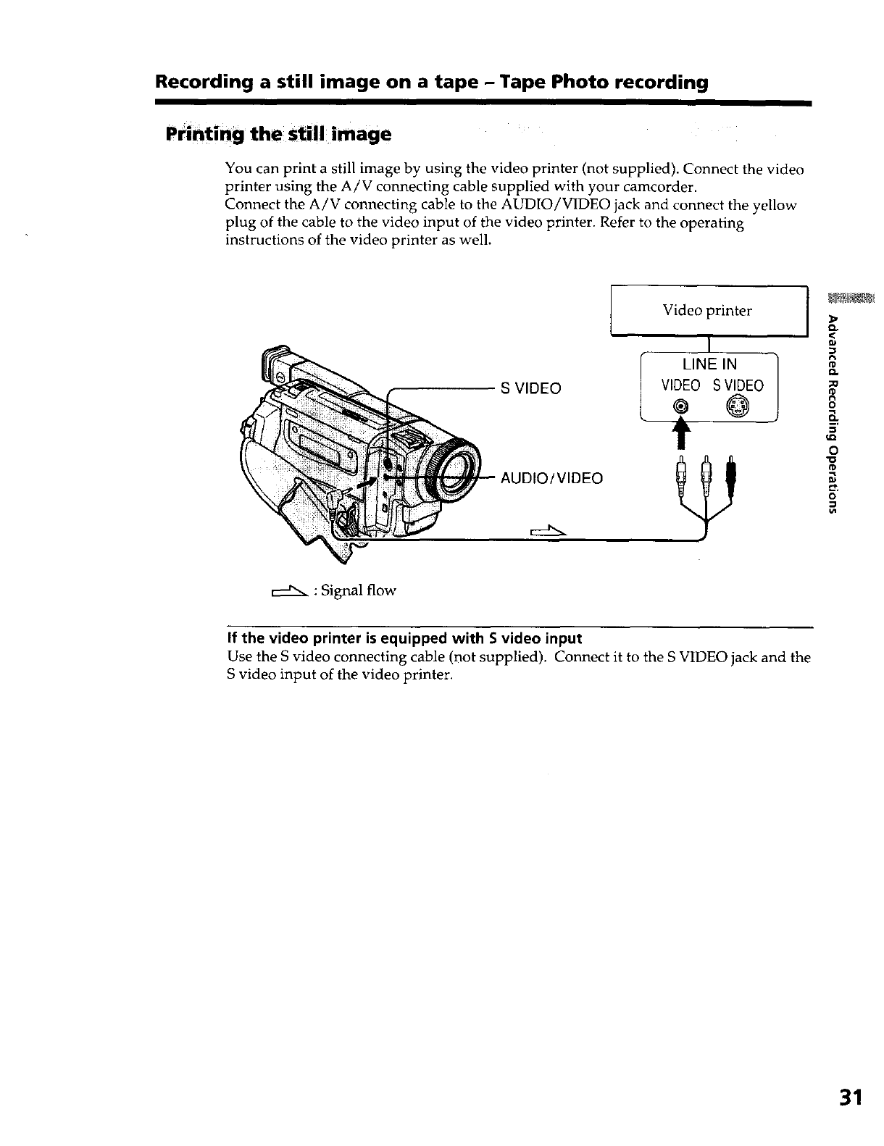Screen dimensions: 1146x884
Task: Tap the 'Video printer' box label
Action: tap(707, 311)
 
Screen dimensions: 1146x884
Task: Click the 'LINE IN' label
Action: tap(710, 364)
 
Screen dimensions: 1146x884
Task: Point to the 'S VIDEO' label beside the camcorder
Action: tap(531, 388)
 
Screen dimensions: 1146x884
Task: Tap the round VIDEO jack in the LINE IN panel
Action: tap(681, 409)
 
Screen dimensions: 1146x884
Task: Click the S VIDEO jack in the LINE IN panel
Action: tap(736, 409)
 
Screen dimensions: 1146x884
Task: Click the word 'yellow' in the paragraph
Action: tap(775, 206)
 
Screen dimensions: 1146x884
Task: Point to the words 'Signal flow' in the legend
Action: tap(359, 590)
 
